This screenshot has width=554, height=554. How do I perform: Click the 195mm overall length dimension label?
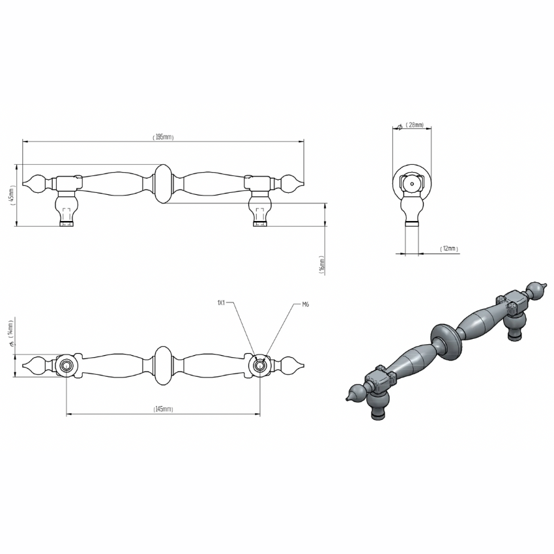pyautogui.click(x=163, y=137)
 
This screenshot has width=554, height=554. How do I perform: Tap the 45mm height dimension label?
pyautogui.click(x=12, y=196)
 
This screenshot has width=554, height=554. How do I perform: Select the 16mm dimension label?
pyautogui.click(x=321, y=265)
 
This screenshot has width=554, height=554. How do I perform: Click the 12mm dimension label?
pyautogui.click(x=449, y=248)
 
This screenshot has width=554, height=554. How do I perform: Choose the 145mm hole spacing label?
pyautogui.click(x=163, y=409)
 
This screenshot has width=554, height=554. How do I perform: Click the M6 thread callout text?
pyautogui.click(x=306, y=304)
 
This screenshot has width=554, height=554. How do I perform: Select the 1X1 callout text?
pyautogui.click(x=221, y=302)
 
